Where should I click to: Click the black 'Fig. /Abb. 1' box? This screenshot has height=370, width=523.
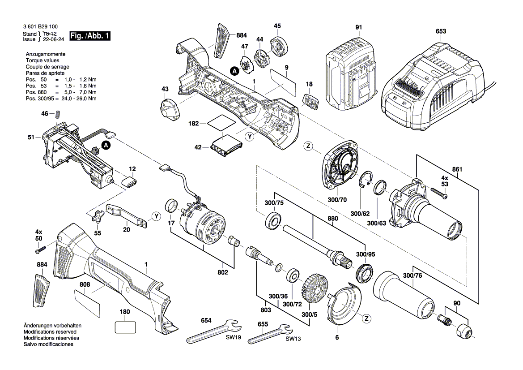click(90, 36)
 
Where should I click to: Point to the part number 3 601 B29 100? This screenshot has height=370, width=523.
click(40, 27)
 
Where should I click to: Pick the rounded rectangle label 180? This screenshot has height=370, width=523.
click(125, 327)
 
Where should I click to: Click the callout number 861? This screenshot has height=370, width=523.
click(457, 169)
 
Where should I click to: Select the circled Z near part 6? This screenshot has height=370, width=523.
click(366, 318)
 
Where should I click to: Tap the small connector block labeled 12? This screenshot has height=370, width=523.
click(129, 183)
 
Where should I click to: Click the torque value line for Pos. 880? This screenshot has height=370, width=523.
click(61, 92)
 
